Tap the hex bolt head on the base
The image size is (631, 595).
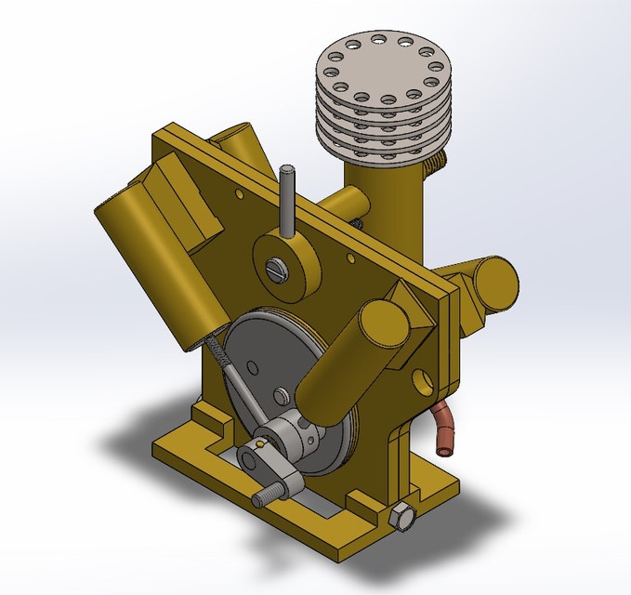pyautogui.click(x=402, y=516)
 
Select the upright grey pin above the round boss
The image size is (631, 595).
pyautogui.click(x=287, y=200)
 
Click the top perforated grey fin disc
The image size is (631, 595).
pyautogui.click(x=382, y=70)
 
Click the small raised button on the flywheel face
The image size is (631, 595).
pyautogui.click(x=278, y=397)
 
